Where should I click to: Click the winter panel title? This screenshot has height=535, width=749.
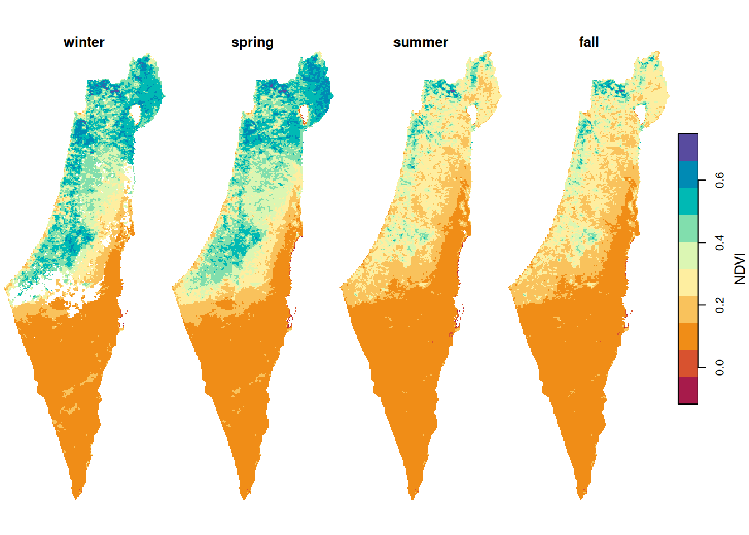point(84,42)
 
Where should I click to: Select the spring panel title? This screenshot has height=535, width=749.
point(252,42)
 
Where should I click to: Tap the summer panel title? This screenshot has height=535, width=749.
point(420,42)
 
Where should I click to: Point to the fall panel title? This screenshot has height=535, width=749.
point(588,42)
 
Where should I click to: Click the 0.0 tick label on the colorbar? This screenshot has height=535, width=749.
point(719,367)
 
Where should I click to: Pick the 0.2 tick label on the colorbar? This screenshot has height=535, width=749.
point(719,305)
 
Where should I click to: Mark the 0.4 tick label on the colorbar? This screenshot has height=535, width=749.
point(719,242)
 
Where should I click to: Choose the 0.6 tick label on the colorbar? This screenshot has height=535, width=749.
point(719,180)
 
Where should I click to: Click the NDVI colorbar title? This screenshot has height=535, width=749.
point(739,269)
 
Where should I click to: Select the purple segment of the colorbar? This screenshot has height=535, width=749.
point(688,147)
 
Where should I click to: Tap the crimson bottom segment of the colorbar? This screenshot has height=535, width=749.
point(688,390)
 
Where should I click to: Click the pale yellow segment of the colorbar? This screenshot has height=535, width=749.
point(688,283)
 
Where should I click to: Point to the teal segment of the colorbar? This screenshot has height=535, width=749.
point(688,201)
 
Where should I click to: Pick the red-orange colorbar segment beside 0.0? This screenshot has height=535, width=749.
point(688,363)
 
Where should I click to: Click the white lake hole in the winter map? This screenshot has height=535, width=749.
point(135,114)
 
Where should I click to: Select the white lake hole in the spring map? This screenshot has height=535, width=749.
point(304,114)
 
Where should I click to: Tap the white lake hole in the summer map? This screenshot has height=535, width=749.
point(474,113)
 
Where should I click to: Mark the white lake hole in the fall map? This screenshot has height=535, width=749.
point(641,113)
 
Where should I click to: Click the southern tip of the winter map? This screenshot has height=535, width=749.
point(76,495)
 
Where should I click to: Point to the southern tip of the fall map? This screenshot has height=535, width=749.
point(581,495)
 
